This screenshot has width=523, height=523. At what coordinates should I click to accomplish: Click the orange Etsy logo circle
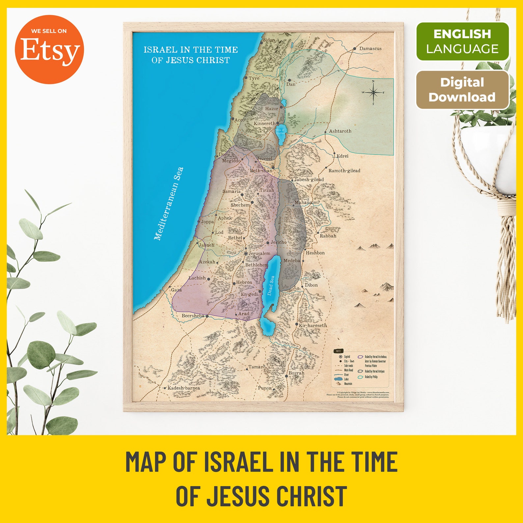pos(49,49)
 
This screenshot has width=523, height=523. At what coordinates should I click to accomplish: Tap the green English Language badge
pos(462,41)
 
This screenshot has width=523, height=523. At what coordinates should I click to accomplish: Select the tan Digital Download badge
pos(462,90)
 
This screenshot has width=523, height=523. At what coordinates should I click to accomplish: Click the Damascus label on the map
pos(370,48)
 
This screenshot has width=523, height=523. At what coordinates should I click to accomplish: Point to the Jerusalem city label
pos(259,253)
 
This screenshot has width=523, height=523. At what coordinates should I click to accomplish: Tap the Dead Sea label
pos(271,285)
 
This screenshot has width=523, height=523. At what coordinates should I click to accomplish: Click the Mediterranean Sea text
pos(169,204)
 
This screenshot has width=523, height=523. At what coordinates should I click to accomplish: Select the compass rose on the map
pos(373,93)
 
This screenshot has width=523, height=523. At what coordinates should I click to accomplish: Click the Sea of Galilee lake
pos(281,131)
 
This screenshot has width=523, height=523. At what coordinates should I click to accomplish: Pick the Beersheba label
pos(193,316)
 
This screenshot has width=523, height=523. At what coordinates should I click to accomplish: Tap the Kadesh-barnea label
pos(183,388)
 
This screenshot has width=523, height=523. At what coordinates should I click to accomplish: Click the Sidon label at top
pos(269,40)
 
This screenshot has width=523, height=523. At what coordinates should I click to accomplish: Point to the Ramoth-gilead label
pos(344,171)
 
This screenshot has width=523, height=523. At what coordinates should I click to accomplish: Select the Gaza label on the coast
pos(176,290)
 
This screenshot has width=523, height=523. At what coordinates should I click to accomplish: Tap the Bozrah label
pos(296,373)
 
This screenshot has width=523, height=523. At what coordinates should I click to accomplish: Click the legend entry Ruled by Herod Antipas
pos(374,371)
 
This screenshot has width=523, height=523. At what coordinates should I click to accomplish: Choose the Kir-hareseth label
pos(313,325)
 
